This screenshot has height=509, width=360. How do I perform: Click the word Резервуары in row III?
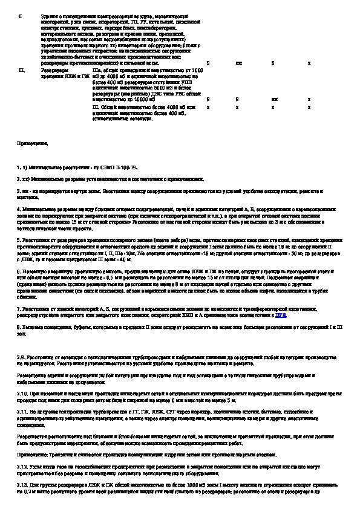coord(51,71)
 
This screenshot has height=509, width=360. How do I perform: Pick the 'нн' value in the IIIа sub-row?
coord(275,98)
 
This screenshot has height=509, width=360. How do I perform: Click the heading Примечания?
coord(32,144)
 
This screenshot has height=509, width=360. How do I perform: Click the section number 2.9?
coord(21,357)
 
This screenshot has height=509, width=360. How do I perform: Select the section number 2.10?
coord(22,392)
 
